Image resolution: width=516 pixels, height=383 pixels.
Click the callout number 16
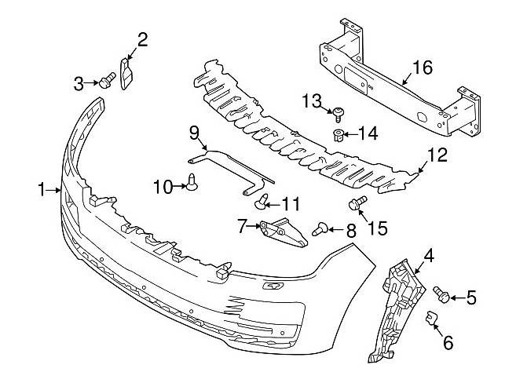[x=422, y=67]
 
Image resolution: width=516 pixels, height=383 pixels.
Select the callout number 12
[x=437, y=155]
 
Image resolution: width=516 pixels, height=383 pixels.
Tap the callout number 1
[x=41, y=190]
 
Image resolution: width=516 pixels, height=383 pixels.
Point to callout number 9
[x=194, y=133]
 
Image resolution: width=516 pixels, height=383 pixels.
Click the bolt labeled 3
[x=107, y=80]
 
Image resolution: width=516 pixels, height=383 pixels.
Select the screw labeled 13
[x=338, y=114]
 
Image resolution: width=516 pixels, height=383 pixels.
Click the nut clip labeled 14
[x=338, y=135]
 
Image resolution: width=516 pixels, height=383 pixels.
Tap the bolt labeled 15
[x=357, y=202]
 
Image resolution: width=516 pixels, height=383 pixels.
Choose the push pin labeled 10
[x=192, y=182]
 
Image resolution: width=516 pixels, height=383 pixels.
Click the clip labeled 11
[x=262, y=202]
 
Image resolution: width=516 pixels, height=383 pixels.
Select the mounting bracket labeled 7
[x=283, y=232]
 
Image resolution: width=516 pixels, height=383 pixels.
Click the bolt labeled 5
[x=441, y=294]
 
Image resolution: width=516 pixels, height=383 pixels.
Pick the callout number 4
[x=429, y=256]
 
